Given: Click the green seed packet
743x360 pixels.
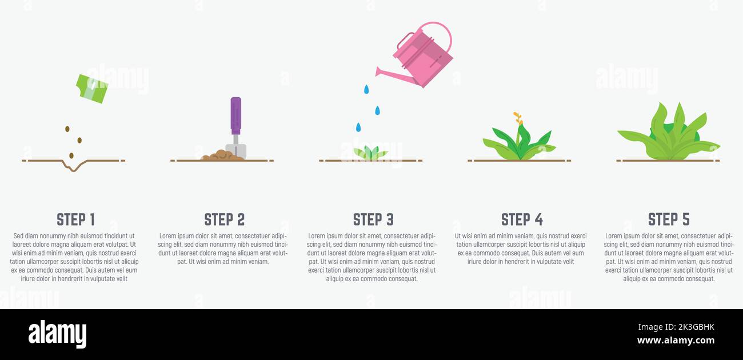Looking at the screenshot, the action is click(x=92, y=89).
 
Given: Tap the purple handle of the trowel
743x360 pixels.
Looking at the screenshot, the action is click(x=236, y=115).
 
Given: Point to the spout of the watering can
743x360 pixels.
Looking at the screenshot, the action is click(x=395, y=76).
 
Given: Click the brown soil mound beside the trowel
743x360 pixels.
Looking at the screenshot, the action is click(x=222, y=155).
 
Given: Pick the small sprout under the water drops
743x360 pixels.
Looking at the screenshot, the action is click(x=370, y=153).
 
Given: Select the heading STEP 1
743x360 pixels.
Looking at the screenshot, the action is click(x=76, y=219).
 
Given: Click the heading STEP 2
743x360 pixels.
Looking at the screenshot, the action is click(x=225, y=219).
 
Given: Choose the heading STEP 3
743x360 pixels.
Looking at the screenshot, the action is click(x=373, y=219).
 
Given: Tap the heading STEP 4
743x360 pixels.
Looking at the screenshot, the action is click(x=522, y=219).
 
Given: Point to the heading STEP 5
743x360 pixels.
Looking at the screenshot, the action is click(x=669, y=219).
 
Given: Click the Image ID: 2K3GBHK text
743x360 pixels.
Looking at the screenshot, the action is click(x=676, y=327).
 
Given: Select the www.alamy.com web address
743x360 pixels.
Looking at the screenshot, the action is click(x=676, y=341).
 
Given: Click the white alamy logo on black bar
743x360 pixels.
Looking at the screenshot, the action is click(x=57, y=334).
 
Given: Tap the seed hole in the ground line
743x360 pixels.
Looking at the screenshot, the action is click(x=74, y=165).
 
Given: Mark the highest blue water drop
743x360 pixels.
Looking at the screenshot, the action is click(x=366, y=89).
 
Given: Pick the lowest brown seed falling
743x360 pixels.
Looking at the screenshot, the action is click(x=71, y=155).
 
